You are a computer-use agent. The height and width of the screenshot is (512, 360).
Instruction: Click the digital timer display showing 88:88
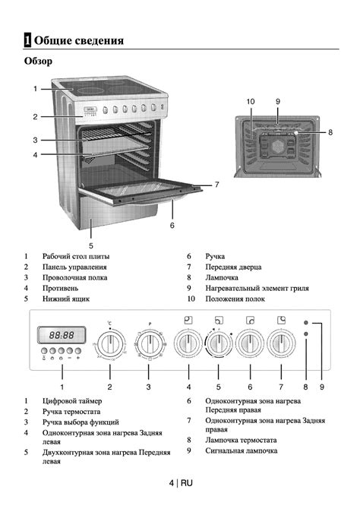tap(62, 335)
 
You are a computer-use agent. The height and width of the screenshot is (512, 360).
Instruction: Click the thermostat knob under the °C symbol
tap(111, 344)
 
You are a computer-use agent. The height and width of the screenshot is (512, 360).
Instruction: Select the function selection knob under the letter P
tap(149, 344)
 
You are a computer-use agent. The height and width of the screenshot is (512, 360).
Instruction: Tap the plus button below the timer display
tap(78, 351)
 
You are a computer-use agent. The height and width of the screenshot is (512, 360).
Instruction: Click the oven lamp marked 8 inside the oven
tap(296, 133)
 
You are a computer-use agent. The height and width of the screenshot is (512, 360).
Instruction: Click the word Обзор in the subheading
tap(38, 61)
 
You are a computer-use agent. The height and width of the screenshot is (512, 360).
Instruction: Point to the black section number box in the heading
tap(27, 40)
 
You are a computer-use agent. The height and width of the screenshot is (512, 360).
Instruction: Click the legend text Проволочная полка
tap(74, 277)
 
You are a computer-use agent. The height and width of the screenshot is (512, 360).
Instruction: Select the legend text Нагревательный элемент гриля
tap(257, 289)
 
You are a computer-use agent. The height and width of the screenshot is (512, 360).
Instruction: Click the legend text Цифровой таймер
tap(72, 401)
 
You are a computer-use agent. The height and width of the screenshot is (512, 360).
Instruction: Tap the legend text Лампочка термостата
tap(241, 440)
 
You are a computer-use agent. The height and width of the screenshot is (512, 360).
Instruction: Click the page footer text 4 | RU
tap(181, 483)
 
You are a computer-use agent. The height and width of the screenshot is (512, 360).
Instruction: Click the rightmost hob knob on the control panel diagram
tap(281, 344)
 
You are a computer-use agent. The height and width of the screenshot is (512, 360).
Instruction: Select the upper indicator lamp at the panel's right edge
tap(306, 323)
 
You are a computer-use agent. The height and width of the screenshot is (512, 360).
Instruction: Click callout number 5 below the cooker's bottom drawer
tap(91, 245)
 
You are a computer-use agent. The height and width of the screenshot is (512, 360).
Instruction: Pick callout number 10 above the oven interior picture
tap(251, 102)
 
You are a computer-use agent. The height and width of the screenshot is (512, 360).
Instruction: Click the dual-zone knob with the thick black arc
tap(219, 344)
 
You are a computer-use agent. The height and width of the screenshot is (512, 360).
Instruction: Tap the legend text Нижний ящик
tap(66, 299)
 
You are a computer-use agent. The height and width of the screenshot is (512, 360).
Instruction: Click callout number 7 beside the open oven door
tap(216, 185)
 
